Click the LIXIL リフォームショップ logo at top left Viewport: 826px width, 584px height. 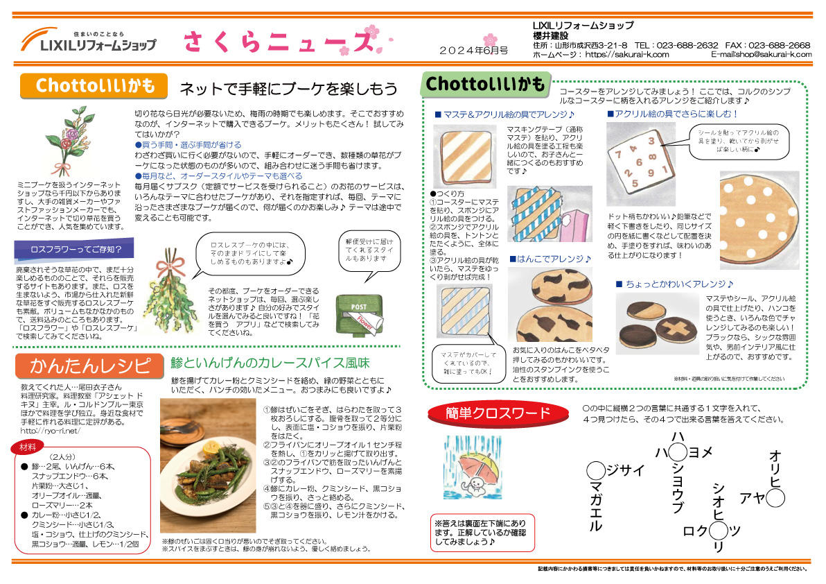(x=88, y=40)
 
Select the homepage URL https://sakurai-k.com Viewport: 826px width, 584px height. (x=626, y=54)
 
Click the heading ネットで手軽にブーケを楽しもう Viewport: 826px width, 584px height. (x=288, y=88)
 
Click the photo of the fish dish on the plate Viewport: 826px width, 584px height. (x=208, y=465)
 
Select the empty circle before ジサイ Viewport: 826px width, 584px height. (x=595, y=470)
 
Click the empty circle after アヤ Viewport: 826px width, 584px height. (x=775, y=497)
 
